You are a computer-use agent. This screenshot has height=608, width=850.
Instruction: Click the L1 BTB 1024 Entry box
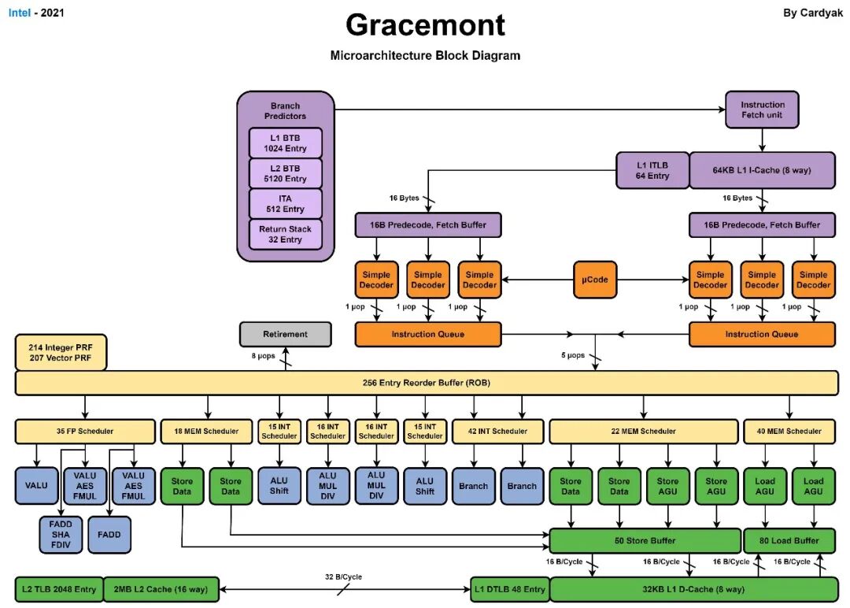285,143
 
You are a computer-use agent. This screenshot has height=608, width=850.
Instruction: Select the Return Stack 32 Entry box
285,235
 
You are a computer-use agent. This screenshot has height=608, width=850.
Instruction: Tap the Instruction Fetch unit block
762,109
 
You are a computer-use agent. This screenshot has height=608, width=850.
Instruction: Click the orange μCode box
595,280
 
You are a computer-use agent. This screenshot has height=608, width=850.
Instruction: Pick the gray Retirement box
285,334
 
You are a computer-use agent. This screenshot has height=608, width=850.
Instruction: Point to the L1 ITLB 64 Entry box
652,170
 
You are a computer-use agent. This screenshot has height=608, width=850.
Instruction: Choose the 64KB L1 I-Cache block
762,170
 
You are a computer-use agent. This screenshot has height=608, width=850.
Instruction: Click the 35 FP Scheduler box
85,431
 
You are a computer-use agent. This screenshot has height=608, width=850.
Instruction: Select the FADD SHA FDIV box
61,534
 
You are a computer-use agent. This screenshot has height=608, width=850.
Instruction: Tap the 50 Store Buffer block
645,541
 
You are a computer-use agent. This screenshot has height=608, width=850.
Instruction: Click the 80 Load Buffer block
789,541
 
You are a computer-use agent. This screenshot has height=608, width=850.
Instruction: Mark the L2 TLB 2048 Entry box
59,590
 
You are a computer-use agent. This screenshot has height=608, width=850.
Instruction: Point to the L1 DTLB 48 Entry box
509,590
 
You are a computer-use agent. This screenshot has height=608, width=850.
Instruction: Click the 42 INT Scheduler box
497,431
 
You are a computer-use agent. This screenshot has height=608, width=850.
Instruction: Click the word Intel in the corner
20,13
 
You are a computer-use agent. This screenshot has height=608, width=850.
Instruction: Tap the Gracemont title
426,25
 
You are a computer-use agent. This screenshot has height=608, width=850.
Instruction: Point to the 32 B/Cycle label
344,577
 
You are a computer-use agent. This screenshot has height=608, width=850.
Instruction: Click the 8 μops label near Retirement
263,356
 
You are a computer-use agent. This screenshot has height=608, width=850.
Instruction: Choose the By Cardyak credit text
812,13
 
